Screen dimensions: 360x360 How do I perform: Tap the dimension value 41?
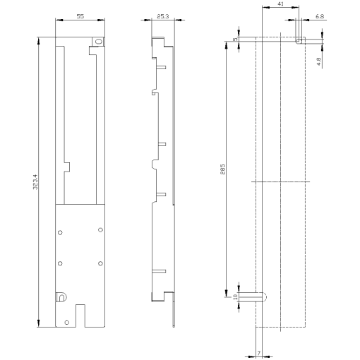281,4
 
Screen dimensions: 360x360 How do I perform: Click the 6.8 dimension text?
320,16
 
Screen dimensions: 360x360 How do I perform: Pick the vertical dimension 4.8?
319,61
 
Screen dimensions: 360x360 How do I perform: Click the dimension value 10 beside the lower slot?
235,297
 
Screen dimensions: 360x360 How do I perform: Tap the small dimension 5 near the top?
235,40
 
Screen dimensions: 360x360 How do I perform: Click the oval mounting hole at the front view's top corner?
98,42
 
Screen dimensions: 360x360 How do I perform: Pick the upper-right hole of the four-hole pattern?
100,230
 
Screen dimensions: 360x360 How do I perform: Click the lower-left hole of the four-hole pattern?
60,263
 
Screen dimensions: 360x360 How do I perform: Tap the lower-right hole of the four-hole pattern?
100,263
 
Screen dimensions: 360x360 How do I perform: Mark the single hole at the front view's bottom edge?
66,322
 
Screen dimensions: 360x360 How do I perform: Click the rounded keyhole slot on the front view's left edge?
61,297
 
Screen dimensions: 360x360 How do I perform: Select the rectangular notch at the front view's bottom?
80,316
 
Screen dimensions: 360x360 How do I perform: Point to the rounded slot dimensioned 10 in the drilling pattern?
253,297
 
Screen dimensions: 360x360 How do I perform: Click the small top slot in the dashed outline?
299,40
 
